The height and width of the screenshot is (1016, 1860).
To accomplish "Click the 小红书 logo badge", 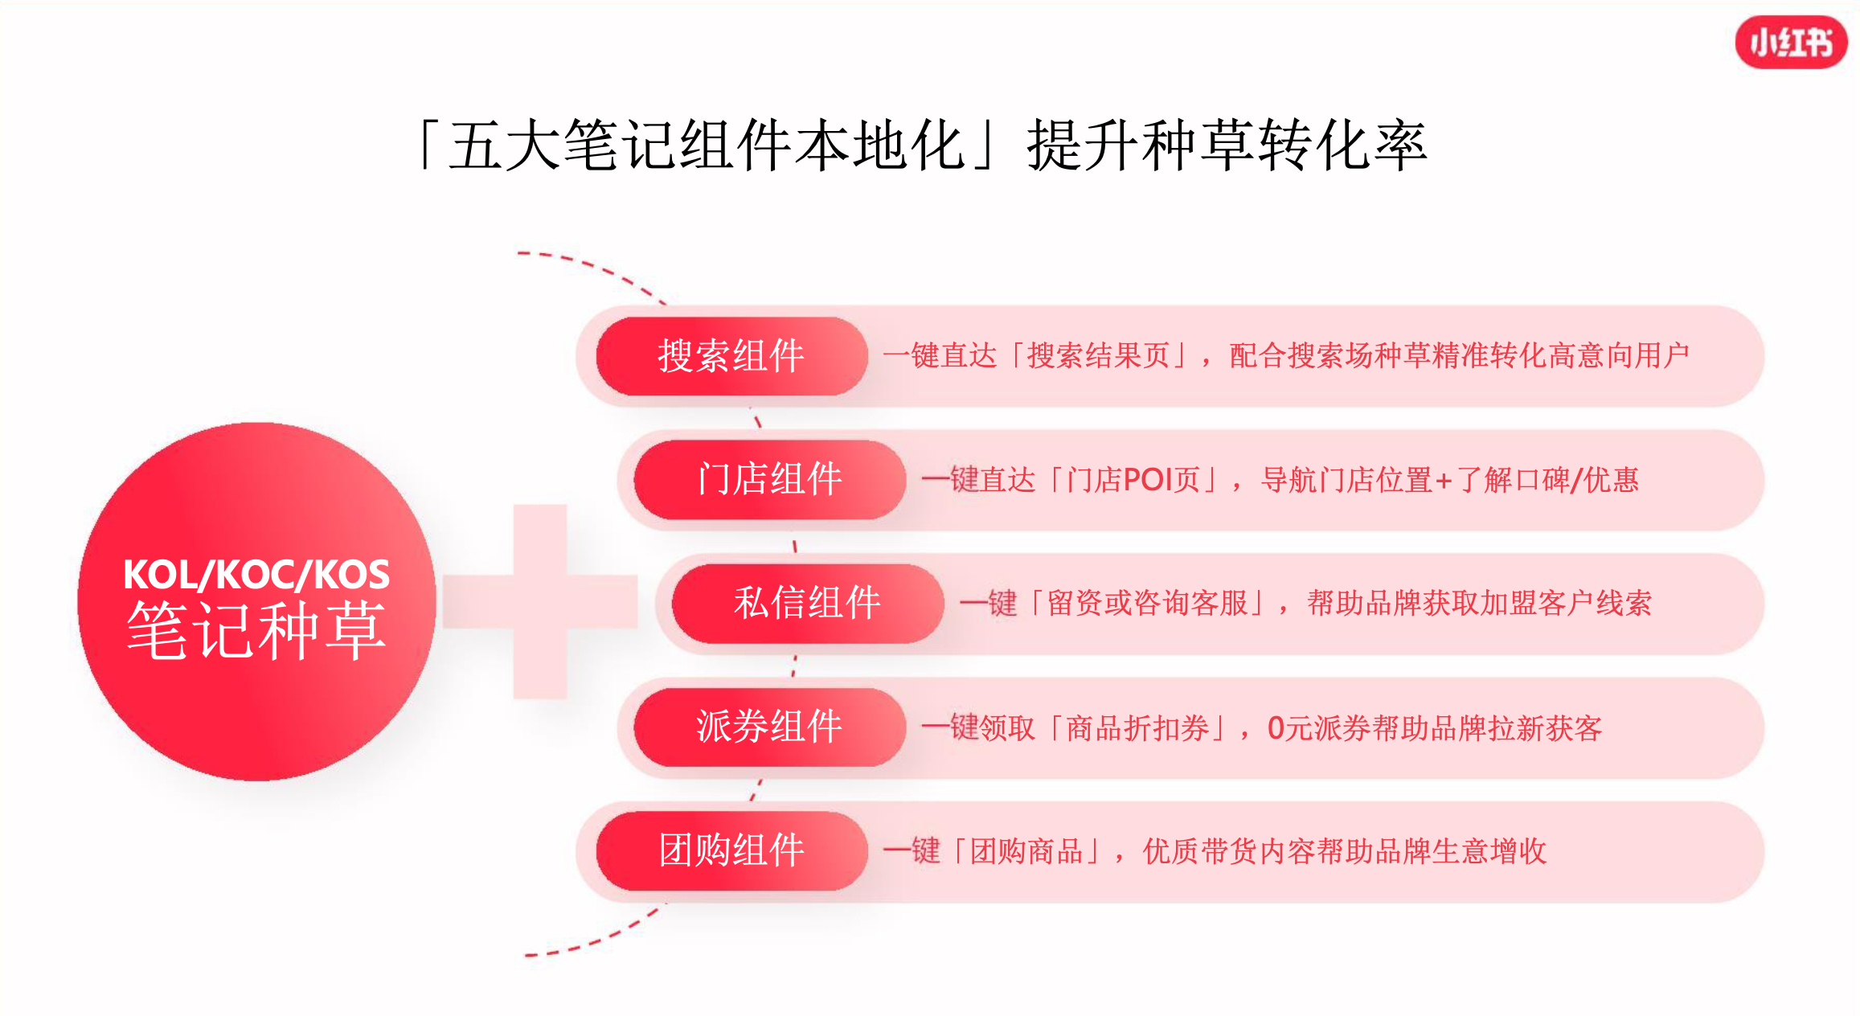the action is tap(1791, 42).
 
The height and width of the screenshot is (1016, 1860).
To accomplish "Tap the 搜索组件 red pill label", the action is tap(731, 356).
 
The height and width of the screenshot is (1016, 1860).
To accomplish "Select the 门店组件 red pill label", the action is tap(769, 480).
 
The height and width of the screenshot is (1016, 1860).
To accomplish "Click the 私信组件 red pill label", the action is tap(807, 604).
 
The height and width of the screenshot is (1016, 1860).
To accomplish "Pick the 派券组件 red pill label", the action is tap(769, 727).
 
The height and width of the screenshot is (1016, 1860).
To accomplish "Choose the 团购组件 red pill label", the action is tap(731, 851).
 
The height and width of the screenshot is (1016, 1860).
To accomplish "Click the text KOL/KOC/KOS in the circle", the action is tap(256, 575).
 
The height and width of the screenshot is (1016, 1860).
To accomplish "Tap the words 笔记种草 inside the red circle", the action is tap(256, 632).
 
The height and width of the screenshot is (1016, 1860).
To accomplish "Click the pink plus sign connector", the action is tap(540, 601).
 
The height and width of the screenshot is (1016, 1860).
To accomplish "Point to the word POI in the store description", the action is tap(1148, 480).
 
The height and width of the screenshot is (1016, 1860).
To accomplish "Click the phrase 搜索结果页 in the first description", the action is tap(1098, 355).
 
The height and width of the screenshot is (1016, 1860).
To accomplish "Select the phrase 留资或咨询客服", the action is tap(1147, 603).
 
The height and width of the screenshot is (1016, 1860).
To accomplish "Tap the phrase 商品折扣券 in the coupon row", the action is tap(1137, 728).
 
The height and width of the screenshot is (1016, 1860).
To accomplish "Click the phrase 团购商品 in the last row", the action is tap(1026, 851).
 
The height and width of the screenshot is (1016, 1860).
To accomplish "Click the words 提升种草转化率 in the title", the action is tap(1227, 145).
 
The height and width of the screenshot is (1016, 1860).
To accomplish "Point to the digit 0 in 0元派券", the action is tap(1276, 728).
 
